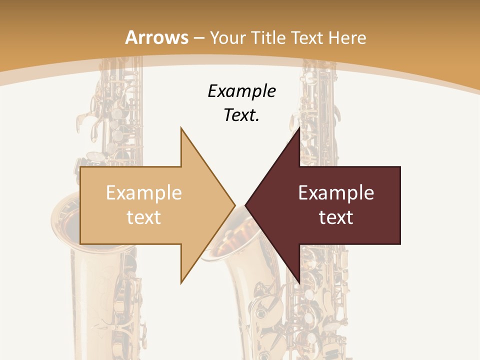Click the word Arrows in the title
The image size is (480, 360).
point(156,37)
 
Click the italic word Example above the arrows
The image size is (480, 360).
point(241,91)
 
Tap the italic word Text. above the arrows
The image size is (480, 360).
point(241,115)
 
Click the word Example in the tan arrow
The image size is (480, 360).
point(143,192)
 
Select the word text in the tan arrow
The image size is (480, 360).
point(143,217)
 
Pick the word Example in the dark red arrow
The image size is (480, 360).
point(336,192)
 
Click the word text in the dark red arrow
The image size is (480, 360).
point(336,217)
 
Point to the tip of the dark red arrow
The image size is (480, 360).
point(246,205)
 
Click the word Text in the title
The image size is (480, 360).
point(307,37)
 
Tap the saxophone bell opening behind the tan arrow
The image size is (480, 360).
point(67,220)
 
